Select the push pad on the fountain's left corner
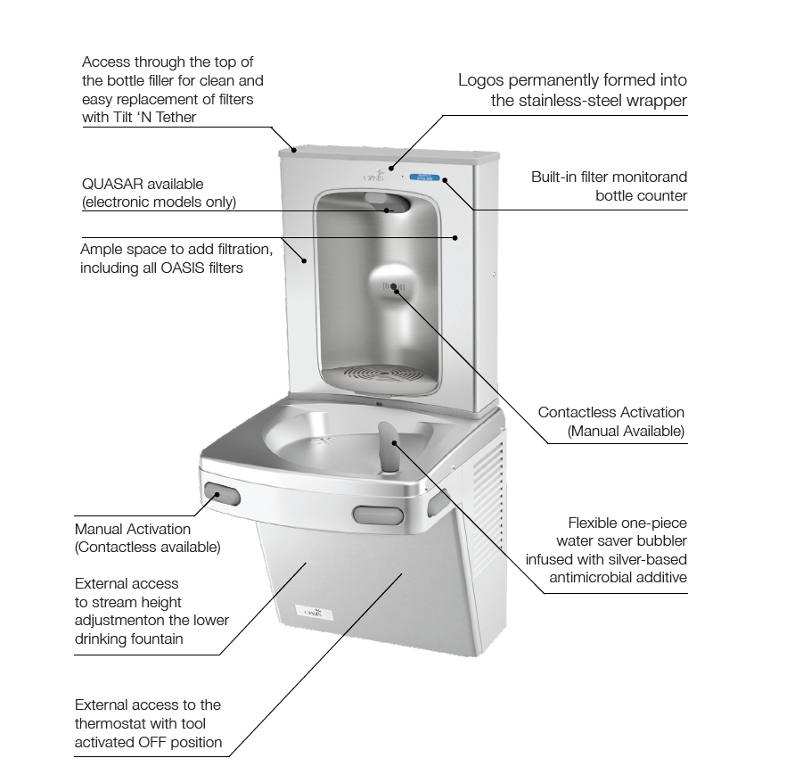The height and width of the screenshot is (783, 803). pos(222,492)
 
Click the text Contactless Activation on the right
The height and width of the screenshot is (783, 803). pos(610,412)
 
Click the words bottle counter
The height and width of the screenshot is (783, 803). pos(641,195)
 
